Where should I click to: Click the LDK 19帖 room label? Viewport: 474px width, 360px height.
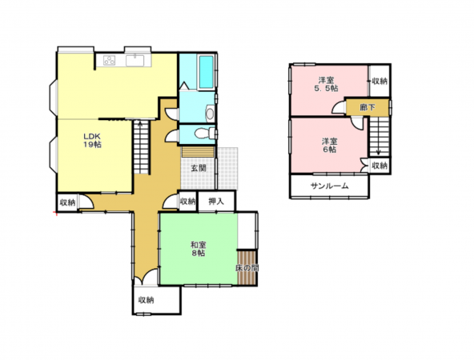[x=92, y=141]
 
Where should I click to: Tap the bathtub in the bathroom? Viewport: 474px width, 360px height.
[x=206, y=72]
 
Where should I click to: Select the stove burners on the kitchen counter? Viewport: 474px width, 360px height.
[x=109, y=61]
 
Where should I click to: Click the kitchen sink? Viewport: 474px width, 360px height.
[x=135, y=60]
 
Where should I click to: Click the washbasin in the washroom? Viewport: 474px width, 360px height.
[x=210, y=114]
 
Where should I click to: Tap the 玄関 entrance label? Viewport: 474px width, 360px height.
[x=199, y=168]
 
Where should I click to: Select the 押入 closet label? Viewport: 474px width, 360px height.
[x=216, y=202]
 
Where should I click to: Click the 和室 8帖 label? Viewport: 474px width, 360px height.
[x=199, y=249]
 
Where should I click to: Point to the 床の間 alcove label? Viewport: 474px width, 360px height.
[x=247, y=267]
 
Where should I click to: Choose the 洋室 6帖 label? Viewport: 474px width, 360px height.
[x=329, y=146]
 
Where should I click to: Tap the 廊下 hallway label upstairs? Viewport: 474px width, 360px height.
[x=368, y=107]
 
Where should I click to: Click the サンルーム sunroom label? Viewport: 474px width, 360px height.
[x=330, y=186]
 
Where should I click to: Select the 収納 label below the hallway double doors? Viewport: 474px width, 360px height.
[x=147, y=300]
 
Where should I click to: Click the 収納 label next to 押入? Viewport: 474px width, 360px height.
[x=187, y=201]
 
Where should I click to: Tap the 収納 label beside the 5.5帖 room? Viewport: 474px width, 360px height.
[x=380, y=81]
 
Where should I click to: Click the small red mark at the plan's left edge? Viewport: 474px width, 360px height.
[x=55, y=214]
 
